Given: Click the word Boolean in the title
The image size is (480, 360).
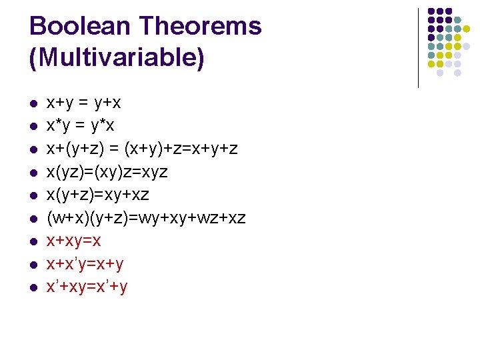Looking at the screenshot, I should click(79, 27).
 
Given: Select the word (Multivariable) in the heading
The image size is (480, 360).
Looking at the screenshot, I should click(117, 58).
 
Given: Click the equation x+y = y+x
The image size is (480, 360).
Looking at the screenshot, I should click(83, 103).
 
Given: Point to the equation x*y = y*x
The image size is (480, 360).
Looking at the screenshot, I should click(80, 126).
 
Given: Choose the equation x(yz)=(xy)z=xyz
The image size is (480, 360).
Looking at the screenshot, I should click(107, 172).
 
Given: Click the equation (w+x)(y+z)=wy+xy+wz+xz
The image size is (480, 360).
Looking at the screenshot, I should click(146, 218).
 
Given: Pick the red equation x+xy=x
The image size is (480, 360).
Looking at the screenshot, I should click(73, 241).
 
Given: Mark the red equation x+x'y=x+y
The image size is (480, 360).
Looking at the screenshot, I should click(85, 264).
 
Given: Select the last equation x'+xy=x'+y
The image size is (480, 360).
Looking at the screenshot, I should click(87, 287).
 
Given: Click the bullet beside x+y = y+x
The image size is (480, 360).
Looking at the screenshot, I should click(33, 105).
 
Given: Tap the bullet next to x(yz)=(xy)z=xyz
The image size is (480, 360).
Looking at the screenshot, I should click(33, 173).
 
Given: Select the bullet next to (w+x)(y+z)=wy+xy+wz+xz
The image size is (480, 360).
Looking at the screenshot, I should click(33, 219).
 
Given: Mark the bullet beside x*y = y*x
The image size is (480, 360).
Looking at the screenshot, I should click(33, 127).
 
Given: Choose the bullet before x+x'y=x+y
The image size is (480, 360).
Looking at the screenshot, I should click(33, 265).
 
